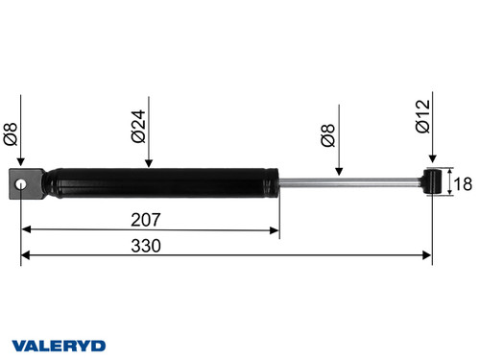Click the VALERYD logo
tap(59, 345)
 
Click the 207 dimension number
tap(150, 219)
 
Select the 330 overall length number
tap(145, 245)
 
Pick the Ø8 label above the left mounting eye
tap(11, 132)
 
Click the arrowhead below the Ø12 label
tap(433, 162)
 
